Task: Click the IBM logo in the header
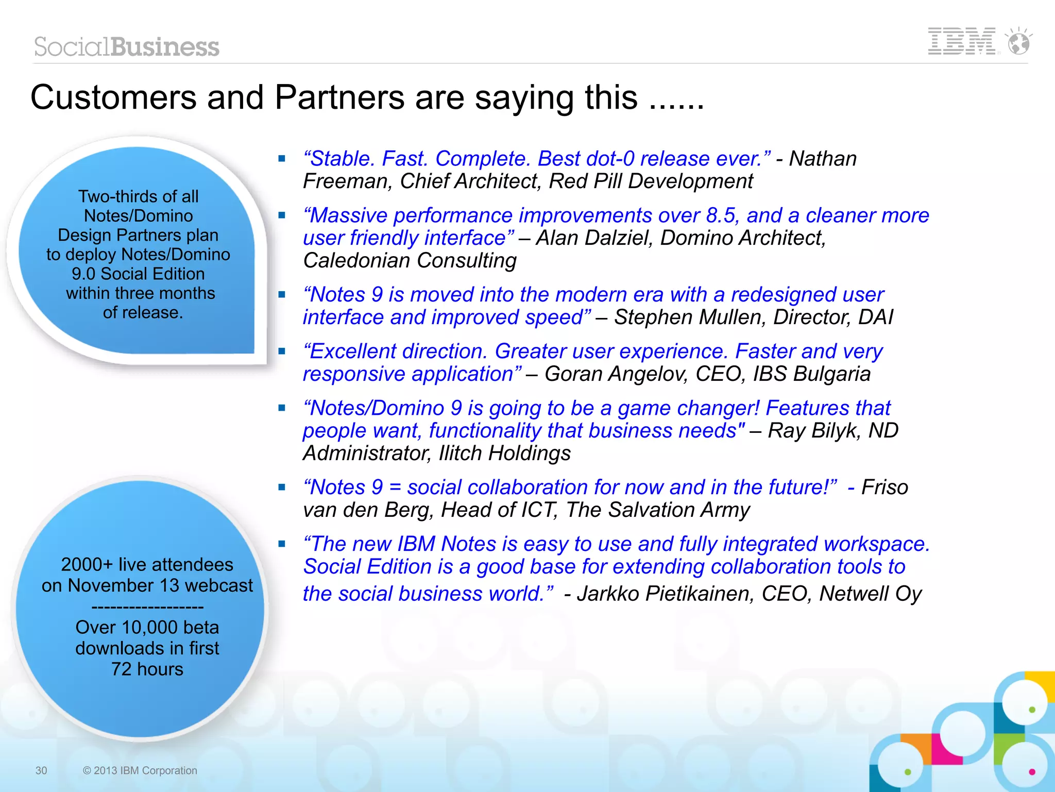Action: [961, 41]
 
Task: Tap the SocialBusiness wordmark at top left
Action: [127, 47]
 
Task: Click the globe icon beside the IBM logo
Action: [1018, 42]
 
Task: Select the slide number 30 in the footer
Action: [41, 770]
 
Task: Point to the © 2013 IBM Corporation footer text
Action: [140, 770]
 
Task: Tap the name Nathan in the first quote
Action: [823, 159]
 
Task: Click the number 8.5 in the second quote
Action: [721, 215]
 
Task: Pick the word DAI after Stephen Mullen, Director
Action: [875, 317]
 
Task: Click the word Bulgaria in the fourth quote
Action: [832, 374]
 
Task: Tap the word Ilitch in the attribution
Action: [460, 453]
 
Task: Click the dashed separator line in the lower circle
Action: [147, 606]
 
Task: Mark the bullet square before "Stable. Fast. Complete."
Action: [282, 159]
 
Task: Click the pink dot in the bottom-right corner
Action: [1032, 771]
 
